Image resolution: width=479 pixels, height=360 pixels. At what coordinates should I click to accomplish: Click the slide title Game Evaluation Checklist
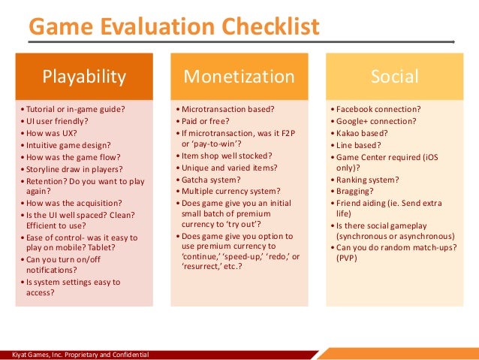point(173,27)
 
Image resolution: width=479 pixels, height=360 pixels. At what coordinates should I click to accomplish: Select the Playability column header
point(84,76)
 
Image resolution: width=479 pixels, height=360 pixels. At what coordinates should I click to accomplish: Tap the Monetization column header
point(239,76)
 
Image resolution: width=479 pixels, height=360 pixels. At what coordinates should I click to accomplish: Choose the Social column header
point(394,76)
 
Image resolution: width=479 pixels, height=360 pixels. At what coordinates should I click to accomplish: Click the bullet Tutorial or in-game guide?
point(73,108)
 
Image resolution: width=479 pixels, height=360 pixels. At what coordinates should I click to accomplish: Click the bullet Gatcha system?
point(209,179)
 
